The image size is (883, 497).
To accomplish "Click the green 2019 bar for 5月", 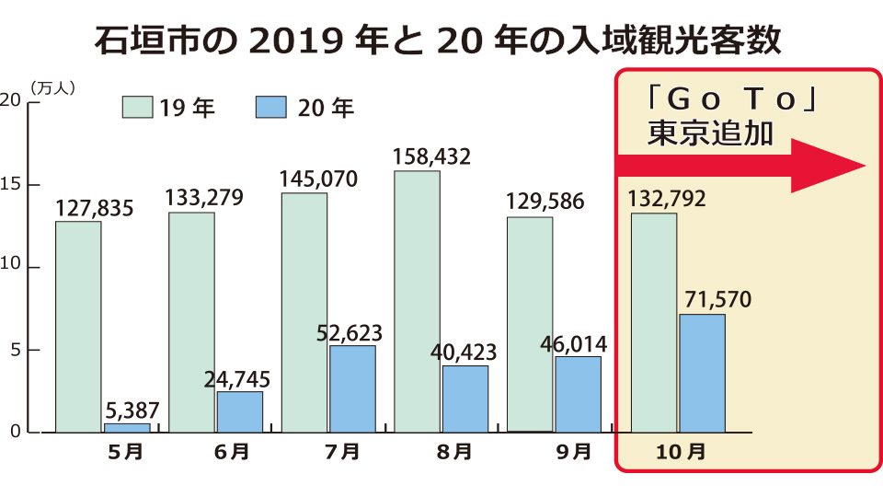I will [x=78, y=327].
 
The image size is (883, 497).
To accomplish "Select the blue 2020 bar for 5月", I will [x=127, y=428].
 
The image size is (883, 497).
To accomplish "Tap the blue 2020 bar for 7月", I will [x=352, y=388].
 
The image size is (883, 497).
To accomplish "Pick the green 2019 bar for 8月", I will [x=417, y=301].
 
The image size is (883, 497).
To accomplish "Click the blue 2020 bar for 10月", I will [x=702, y=373].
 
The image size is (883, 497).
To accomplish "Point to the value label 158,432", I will [x=431, y=156].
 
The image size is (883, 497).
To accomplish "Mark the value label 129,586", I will [x=545, y=202].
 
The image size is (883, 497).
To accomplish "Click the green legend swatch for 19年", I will [x=136, y=108].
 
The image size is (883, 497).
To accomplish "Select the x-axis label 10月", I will [x=682, y=452].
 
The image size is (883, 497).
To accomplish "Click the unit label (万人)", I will [x=52, y=88].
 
